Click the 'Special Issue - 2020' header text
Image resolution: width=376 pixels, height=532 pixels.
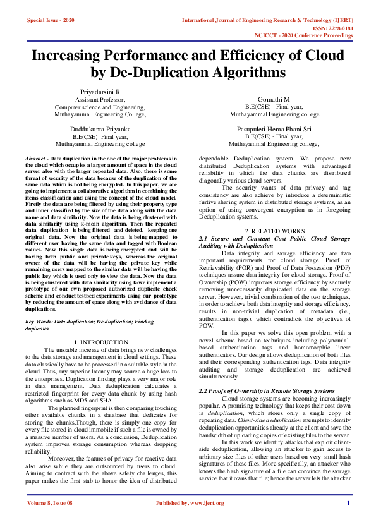[51, 21]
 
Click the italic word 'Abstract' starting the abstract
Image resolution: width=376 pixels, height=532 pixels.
[35, 158]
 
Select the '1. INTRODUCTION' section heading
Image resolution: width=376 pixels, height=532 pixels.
[102, 342]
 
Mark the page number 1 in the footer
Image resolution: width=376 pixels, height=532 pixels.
[348, 521]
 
